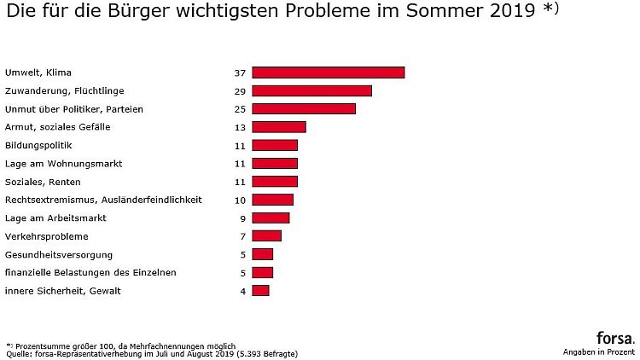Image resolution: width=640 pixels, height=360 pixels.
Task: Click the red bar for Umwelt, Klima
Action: coord(329,73)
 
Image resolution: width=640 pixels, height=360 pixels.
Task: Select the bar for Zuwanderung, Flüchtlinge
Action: coord(312,90)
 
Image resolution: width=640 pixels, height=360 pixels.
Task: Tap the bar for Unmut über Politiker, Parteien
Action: coord(304,109)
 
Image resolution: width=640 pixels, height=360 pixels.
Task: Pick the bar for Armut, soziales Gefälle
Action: coord(279,127)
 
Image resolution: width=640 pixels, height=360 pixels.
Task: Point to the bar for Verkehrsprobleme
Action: coord(267,236)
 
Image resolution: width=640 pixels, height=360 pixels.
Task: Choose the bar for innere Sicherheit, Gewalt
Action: coord(261,291)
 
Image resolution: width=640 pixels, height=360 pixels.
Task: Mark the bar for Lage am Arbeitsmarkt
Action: coord(271,218)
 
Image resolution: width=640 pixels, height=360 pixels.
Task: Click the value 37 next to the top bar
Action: coord(240,73)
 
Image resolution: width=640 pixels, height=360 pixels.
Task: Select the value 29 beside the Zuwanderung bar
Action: coord(240,90)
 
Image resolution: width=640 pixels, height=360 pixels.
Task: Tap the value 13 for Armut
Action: coord(240,127)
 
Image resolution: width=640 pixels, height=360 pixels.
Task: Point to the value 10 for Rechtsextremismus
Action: coord(240,200)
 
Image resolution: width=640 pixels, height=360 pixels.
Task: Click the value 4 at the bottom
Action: coord(242,291)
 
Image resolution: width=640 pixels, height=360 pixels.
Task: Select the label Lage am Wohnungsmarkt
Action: coord(64,163)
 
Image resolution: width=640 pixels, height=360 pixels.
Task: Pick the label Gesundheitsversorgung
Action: coord(59,254)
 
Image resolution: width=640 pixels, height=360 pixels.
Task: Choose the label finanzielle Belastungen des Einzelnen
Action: coord(90,272)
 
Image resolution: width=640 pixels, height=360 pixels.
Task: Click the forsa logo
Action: coord(615,337)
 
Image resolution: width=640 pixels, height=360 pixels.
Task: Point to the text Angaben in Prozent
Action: coord(599,351)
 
